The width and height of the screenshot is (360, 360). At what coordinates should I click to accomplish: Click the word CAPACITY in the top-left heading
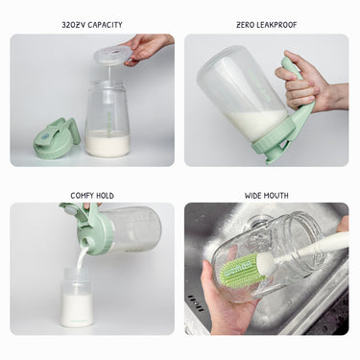coord(105,25)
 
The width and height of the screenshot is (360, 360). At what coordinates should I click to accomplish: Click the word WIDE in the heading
coord(253,196)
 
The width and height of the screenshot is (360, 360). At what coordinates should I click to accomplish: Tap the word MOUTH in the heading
coord(276,196)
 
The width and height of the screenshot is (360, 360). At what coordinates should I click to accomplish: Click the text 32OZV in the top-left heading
coord(74,25)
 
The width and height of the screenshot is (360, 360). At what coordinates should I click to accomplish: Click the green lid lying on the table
coord(57,138)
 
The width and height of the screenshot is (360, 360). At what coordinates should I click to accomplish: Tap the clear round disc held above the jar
coord(112,54)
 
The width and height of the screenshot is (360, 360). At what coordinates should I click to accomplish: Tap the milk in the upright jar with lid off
coord(108,143)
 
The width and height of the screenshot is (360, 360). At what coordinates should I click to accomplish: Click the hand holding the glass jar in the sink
coord(228,300)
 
